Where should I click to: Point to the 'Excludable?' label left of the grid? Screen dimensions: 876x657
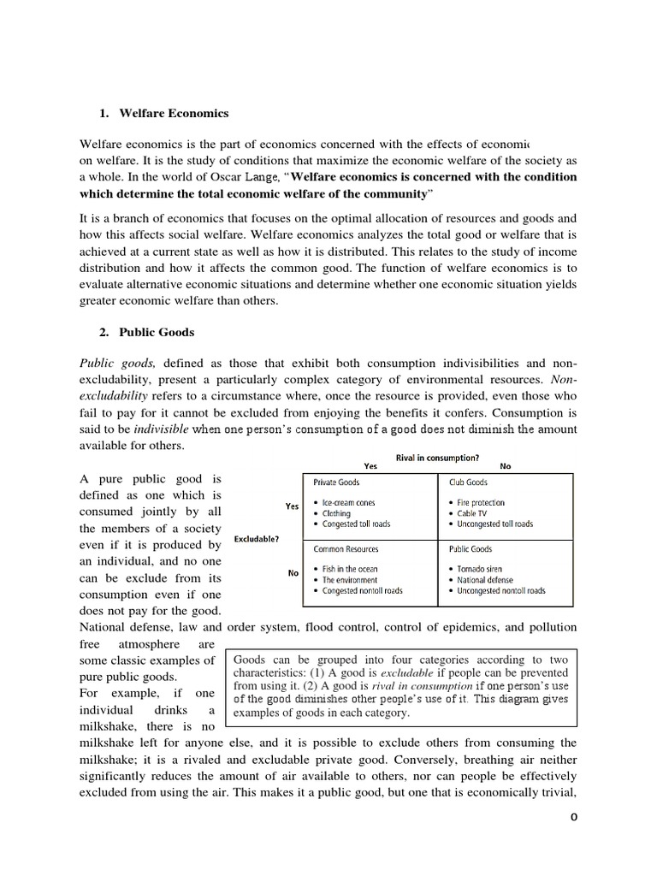[x=256, y=540]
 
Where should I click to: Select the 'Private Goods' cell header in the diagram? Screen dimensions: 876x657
[x=337, y=482]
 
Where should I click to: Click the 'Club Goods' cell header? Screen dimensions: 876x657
[x=469, y=482]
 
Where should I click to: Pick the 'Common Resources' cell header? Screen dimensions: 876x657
[x=346, y=549]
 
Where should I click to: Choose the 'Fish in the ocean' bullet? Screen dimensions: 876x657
[x=350, y=569]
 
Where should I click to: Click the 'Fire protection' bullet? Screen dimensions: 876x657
[x=481, y=503]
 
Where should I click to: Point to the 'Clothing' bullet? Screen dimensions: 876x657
[x=338, y=513]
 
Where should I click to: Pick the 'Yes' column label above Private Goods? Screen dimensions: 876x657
[x=370, y=466]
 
